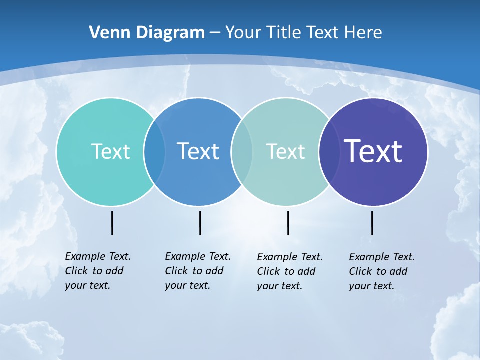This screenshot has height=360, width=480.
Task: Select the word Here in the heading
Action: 363,32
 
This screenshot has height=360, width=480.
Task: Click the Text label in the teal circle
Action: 110,151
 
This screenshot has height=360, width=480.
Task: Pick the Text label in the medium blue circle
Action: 198,151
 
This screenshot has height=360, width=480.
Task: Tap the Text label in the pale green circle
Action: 285,151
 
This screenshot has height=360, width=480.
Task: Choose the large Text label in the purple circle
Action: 373,151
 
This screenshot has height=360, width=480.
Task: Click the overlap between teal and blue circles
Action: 154,152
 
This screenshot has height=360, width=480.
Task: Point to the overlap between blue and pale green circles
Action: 242,152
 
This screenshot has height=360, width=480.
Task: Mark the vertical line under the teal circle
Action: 112,223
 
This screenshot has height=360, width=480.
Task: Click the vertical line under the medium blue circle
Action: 200,223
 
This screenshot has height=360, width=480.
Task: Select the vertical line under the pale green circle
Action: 288,223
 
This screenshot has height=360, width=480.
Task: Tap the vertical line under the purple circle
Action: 372,223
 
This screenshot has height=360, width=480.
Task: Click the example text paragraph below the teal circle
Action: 98,271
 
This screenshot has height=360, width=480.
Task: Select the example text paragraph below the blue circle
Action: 198,271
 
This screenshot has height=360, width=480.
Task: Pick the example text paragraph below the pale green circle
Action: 290,271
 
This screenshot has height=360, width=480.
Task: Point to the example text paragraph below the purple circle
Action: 382,271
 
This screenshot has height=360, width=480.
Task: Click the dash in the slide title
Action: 215,33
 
